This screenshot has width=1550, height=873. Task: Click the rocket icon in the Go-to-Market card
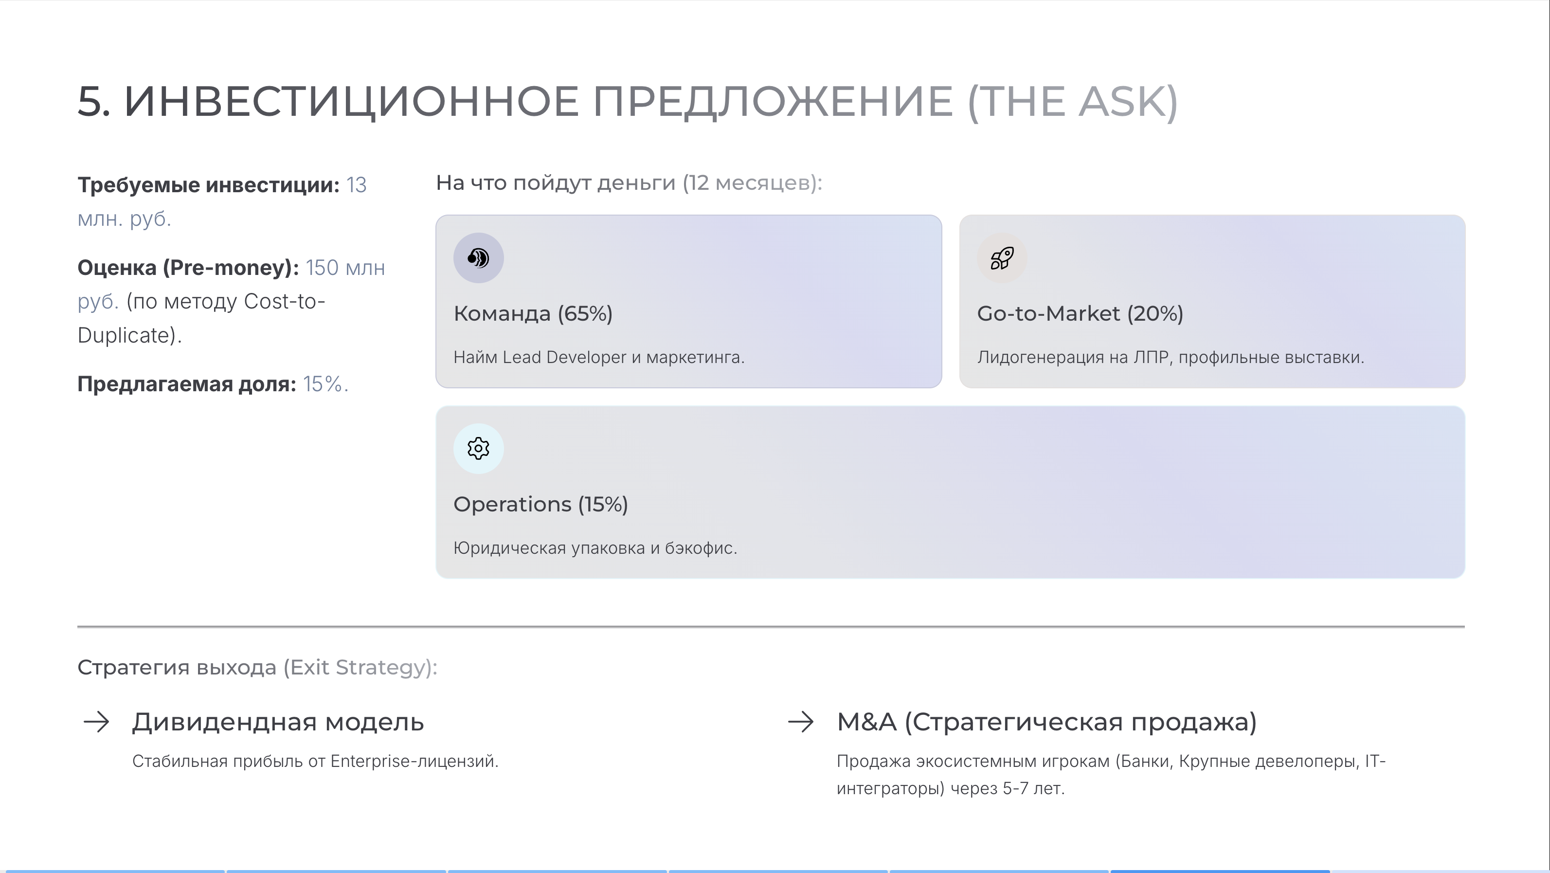(x=1002, y=258)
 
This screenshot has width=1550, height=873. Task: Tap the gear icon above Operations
(x=478, y=449)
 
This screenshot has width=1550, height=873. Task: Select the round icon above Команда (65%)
(x=478, y=258)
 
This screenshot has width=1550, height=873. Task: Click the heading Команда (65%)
(x=533, y=313)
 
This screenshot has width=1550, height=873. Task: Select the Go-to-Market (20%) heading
(x=1080, y=313)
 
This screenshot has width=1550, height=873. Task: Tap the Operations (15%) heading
(x=541, y=504)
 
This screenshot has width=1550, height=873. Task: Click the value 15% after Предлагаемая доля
(x=325, y=384)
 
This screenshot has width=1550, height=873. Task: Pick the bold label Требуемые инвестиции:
(x=209, y=185)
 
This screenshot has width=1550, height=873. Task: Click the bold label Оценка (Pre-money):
(x=188, y=268)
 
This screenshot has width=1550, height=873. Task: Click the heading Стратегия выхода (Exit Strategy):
(x=257, y=667)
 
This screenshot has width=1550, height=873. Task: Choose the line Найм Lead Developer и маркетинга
(x=599, y=357)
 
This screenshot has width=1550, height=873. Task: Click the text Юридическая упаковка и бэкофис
(x=595, y=548)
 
